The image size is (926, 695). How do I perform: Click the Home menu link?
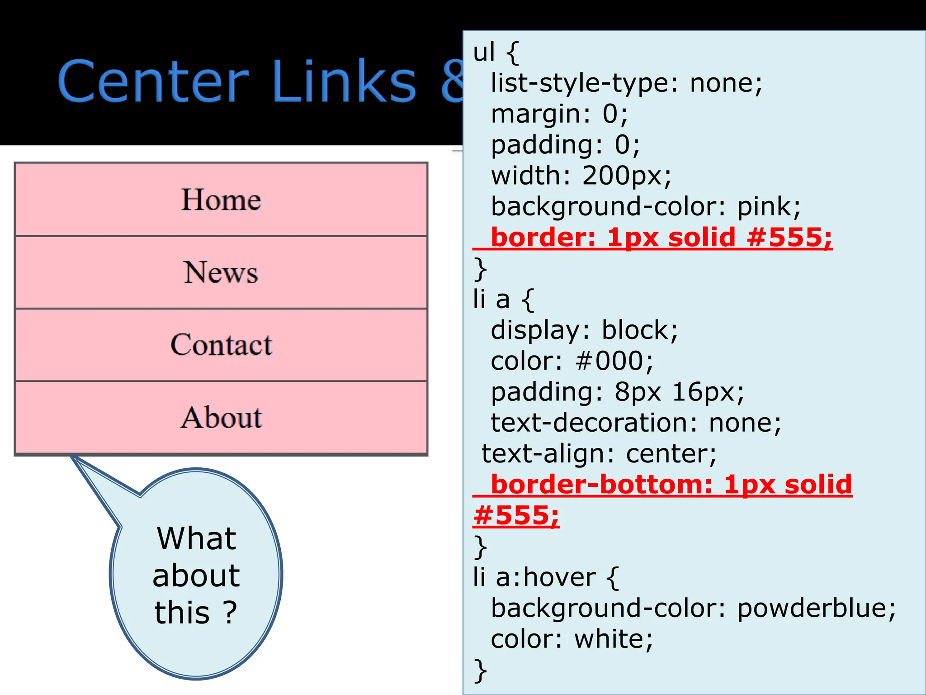(221, 200)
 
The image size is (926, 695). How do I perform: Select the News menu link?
(221, 272)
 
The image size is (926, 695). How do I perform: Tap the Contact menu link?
(221, 345)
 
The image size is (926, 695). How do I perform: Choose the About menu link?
(221, 417)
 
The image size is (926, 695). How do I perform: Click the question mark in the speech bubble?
(230, 613)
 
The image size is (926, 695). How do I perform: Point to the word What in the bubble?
(196, 538)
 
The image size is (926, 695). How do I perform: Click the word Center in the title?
(153, 82)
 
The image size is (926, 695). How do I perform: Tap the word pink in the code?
(769, 207)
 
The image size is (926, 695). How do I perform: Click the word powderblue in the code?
(816, 608)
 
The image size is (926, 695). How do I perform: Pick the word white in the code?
(613, 639)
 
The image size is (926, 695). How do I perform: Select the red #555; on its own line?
(516, 515)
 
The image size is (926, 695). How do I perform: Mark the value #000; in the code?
(614, 361)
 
